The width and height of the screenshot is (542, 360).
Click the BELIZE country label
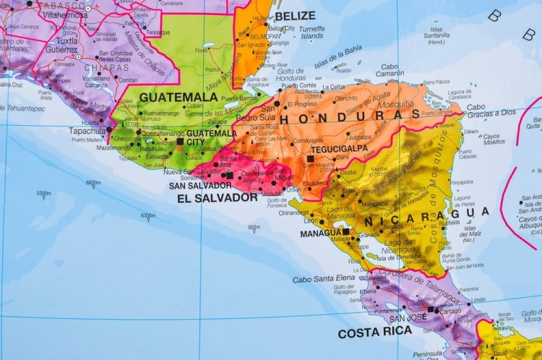(295, 16)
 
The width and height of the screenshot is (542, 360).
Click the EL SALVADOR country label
(216, 197)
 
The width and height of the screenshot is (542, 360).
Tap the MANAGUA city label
(321, 233)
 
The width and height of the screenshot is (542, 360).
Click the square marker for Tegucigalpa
(310, 158)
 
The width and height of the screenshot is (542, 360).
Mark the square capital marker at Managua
(346, 232)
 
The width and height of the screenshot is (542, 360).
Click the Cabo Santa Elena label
(324, 278)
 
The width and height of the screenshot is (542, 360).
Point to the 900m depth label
(254, 227)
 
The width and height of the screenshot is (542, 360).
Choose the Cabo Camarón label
(390, 69)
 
